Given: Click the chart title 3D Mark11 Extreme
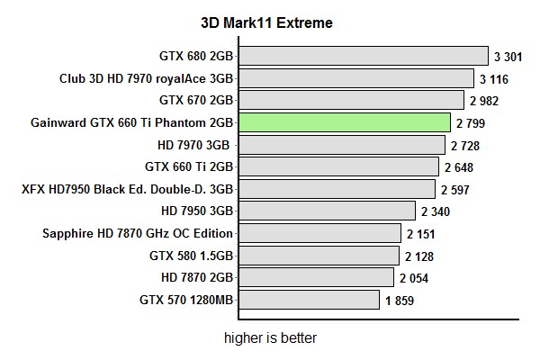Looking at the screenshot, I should (x=266, y=22).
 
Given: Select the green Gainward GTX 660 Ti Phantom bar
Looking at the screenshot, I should (x=345, y=122).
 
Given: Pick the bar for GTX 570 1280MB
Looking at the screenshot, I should (x=309, y=300).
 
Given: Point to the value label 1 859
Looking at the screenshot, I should (x=400, y=301).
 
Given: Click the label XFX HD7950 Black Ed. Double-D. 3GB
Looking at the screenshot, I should (x=128, y=189).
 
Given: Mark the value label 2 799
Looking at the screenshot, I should (x=471, y=123).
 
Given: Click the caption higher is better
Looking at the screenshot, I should (x=271, y=339).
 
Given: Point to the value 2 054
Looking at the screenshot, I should (x=414, y=278).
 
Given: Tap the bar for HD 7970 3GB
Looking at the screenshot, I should (x=341, y=145).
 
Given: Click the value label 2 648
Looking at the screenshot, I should (x=458, y=167).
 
